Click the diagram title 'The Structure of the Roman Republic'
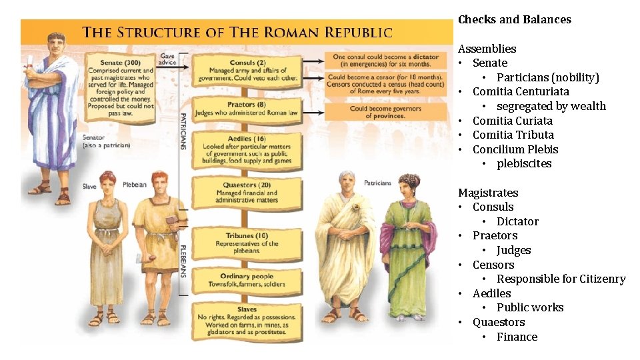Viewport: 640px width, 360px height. tap(237, 32)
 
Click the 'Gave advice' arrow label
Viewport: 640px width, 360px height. tap(167, 59)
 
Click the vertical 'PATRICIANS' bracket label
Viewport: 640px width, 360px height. tap(184, 130)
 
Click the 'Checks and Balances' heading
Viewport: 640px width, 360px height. tap(514, 20)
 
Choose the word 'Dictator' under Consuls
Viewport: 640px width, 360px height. tap(517, 221)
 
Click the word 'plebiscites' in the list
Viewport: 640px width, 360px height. tap(524, 164)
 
